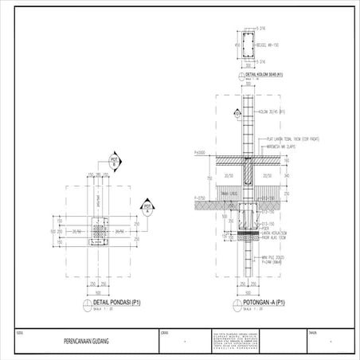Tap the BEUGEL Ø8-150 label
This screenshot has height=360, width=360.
click(x=267, y=46)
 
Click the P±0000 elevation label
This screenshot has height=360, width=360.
click(x=200, y=152)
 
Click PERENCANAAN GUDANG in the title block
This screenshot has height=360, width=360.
click(x=85, y=341)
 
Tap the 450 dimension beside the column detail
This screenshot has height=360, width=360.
click(x=237, y=46)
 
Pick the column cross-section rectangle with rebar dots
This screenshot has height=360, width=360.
click(x=246, y=47)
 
